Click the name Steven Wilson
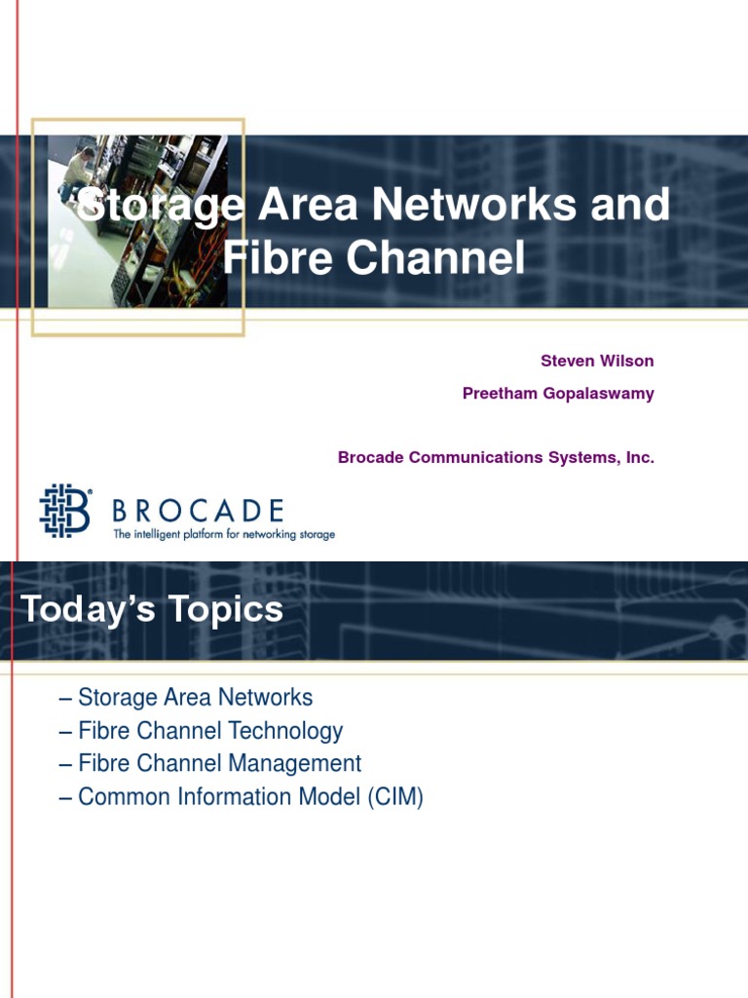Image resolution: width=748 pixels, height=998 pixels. pyautogui.click(x=597, y=361)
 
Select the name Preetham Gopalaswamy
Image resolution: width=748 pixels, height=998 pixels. pyautogui.click(x=558, y=394)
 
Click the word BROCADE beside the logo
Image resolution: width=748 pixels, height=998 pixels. pyautogui.click(x=198, y=510)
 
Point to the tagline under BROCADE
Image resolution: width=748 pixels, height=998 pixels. pyautogui.click(x=224, y=534)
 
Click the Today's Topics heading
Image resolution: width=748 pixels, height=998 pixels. pyautogui.click(x=152, y=610)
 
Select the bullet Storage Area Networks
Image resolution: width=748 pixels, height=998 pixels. pyautogui.click(x=195, y=698)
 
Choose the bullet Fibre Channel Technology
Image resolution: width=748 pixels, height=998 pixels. pyautogui.click(x=209, y=731)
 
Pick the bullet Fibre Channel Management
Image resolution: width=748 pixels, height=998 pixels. pyautogui.click(x=219, y=764)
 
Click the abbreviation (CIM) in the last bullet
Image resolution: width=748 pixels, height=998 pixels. pyautogui.click(x=395, y=797)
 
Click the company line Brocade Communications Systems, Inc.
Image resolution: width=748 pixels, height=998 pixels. pyautogui.click(x=496, y=457)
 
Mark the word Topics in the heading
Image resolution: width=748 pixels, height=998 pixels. pyautogui.click(x=226, y=610)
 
